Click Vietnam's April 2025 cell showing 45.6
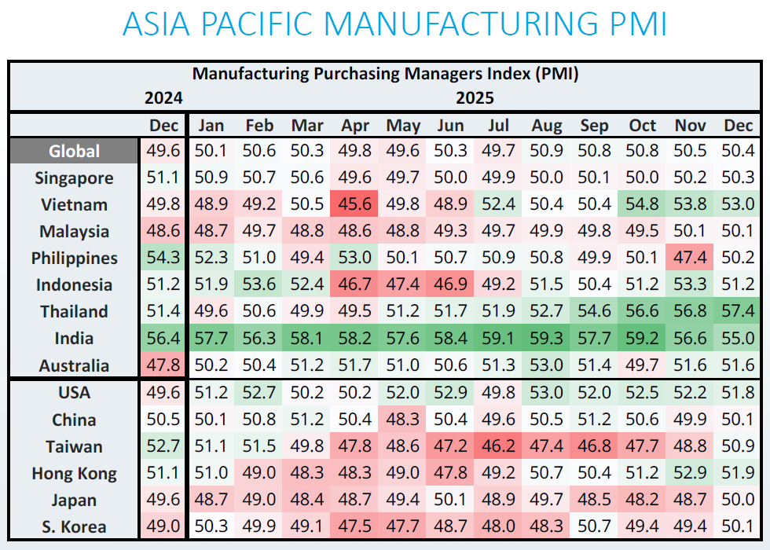(x=356, y=205)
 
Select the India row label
(x=75, y=339)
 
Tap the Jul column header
(x=499, y=126)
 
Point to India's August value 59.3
(x=547, y=339)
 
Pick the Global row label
(x=75, y=152)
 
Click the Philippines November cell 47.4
(x=691, y=258)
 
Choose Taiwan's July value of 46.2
(x=499, y=447)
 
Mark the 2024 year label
(x=163, y=98)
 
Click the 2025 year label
(x=475, y=98)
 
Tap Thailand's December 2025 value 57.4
(x=739, y=312)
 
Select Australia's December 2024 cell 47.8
(x=163, y=365)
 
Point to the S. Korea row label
(x=75, y=527)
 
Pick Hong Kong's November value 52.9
(x=691, y=474)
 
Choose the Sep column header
(x=595, y=126)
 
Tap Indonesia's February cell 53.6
(x=259, y=285)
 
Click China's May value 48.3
(x=403, y=420)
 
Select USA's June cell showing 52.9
(x=450, y=392)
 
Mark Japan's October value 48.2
(x=643, y=500)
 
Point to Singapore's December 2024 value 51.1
(x=163, y=178)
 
